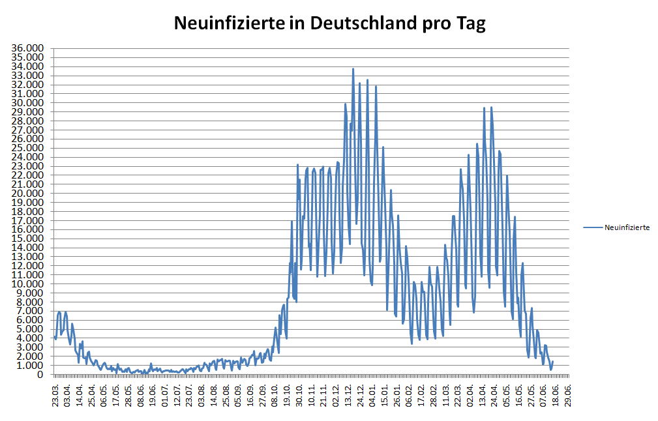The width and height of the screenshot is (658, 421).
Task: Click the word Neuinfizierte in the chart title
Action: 228,24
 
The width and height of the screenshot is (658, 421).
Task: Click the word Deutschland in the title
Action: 361,24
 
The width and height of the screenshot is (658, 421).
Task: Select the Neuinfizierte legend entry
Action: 627,227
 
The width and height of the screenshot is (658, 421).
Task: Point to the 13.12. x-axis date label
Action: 348,395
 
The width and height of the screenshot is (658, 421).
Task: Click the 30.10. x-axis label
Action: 299,395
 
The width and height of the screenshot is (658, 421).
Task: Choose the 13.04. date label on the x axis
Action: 483,395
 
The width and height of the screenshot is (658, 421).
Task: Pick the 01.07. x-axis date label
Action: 165,395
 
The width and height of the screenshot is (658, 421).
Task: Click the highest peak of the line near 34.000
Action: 353,68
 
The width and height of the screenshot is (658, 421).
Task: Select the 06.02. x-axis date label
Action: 409,395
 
